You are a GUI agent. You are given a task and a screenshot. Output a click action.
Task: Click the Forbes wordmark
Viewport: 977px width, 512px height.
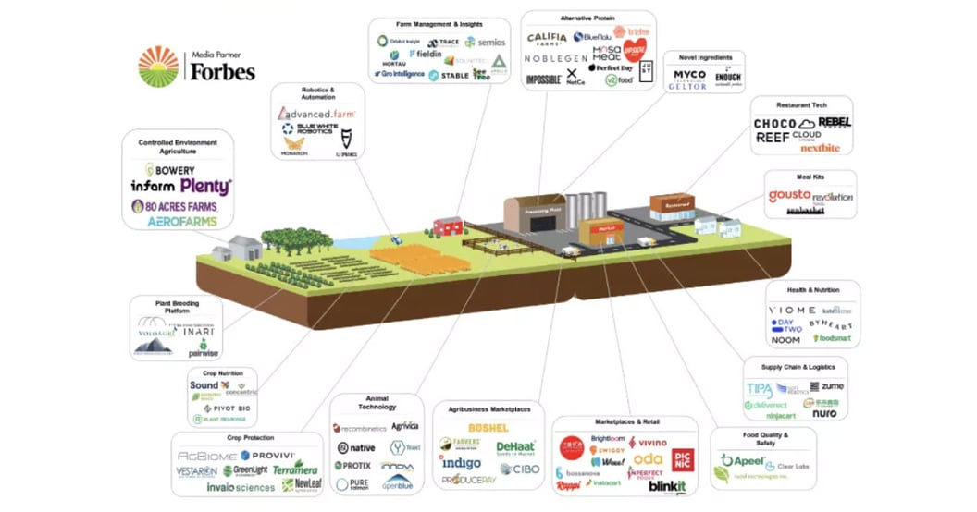tap(222, 71)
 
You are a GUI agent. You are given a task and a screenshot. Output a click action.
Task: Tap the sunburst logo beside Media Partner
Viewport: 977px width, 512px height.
tap(158, 67)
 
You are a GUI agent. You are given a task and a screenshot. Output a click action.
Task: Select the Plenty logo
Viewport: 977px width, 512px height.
tap(205, 186)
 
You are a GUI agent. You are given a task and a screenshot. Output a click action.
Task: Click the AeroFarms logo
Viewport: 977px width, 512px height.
tap(182, 222)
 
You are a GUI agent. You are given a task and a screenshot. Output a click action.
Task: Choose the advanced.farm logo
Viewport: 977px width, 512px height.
tap(316, 113)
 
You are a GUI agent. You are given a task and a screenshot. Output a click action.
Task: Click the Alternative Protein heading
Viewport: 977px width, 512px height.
tap(588, 18)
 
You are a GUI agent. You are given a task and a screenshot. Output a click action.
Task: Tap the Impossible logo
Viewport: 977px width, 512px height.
tap(543, 79)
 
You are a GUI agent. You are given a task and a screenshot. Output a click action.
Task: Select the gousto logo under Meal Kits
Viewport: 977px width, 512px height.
tap(788, 196)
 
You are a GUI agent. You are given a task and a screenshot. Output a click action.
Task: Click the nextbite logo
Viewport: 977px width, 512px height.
tap(820, 147)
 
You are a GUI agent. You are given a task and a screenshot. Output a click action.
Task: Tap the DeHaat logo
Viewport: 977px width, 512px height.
tap(515, 447)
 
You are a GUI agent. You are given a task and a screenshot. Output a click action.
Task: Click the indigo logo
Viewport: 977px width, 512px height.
tap(461, 462)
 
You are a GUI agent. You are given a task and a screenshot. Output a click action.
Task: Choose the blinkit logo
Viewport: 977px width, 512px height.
tap(667, 486)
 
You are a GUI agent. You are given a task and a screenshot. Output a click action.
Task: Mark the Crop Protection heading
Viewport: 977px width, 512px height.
tap(249, 437)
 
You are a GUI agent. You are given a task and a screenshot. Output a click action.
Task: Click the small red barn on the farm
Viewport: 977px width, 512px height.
tap(448, 226)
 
